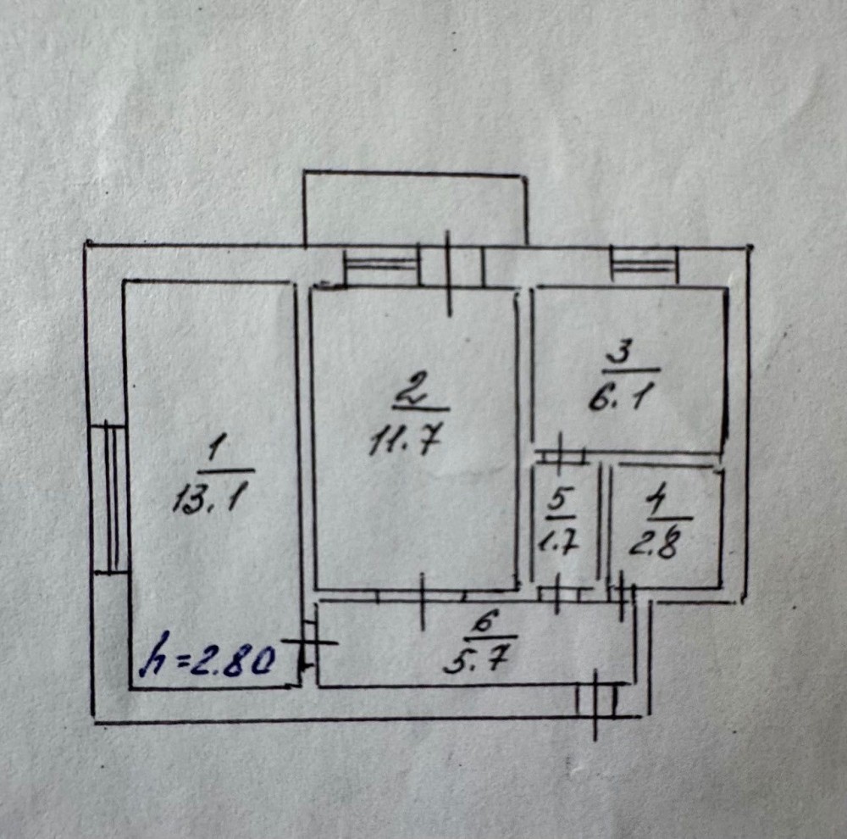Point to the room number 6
481,622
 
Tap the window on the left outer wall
109,498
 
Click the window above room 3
645,265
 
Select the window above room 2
381,266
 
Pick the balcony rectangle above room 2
415,208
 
